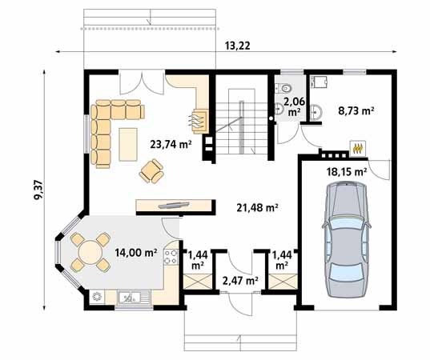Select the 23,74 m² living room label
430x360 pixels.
[x=171, y=144]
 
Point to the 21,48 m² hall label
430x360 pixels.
[x=257, y=207]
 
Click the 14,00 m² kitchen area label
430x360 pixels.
[x=134, y=252]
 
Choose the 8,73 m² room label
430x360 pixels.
[x=356, y=111]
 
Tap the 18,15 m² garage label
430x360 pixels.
[x=346, y=170]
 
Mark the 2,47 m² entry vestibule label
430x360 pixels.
[x=239, y=280]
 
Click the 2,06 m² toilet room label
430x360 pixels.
[x=294, y=106]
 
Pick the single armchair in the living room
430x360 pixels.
[x=152, y=169]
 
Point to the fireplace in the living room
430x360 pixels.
[x=198, y=122]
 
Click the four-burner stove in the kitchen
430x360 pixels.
[x=171, y=257]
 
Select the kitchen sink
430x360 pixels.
[x=131, y=298]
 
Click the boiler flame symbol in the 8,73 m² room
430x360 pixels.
[x=357, y=148]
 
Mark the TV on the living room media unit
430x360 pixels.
[x=171, y=203]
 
